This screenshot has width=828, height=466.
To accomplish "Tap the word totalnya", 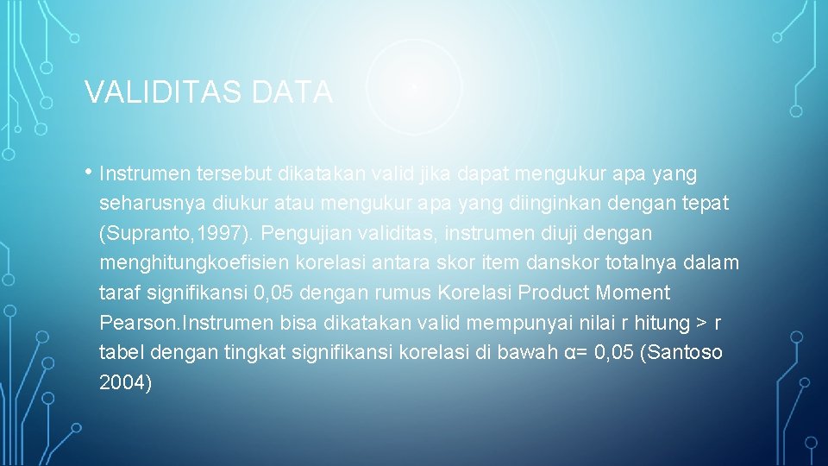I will (619, 263).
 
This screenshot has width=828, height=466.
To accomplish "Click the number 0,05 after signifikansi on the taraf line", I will (278, 293).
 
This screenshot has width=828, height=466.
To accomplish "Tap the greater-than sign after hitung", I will (702, 324).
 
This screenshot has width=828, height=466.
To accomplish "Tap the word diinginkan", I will (537, 204).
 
